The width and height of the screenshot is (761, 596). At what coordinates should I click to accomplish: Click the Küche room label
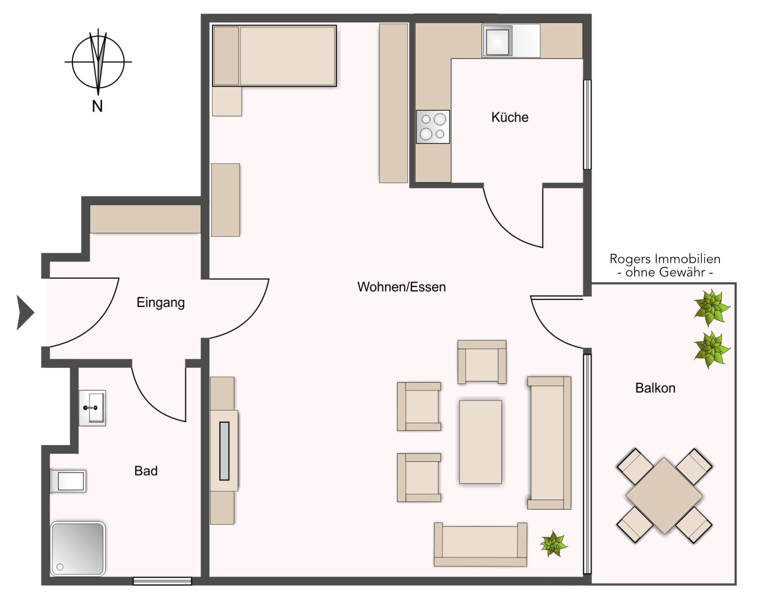tap(510, 117)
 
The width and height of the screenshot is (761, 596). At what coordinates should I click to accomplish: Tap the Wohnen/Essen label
tap(402, 287)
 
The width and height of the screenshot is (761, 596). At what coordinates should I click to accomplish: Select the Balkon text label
tap(655, 388)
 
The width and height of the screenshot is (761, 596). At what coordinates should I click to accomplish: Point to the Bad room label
tap(146, 471)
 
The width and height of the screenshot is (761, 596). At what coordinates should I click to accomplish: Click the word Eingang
tap(161, 303)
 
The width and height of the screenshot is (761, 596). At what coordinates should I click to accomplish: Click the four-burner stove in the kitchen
tap(433, 127)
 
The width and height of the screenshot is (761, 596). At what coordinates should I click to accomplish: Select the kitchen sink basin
tap(497, 41)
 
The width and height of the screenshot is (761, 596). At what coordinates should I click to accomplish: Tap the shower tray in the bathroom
tap(78, 549)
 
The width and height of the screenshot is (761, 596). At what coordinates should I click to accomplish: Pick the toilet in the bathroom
tap(68, 481)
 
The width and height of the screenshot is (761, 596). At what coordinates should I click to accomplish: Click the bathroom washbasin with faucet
tap(92, 408)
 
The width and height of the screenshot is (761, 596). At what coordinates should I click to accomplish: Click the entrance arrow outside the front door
tap(25, 312)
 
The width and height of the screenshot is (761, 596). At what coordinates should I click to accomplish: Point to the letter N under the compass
tap(98, 106)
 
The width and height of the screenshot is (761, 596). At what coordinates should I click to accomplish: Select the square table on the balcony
tap(664, 496)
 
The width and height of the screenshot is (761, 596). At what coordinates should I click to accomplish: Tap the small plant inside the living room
tap(554, 544)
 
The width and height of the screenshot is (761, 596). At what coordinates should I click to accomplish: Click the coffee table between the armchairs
tap(480, 442)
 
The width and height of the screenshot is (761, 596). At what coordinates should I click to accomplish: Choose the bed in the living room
tap(274, 56)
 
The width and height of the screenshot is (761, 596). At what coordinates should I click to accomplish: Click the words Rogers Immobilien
tap(665, 259)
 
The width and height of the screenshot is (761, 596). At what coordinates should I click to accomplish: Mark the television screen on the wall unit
tap(224, 451)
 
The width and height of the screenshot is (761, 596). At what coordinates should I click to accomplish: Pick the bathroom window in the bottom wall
tap(162, 581)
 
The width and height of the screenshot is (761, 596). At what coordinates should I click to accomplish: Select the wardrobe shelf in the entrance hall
tap(145, 219)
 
